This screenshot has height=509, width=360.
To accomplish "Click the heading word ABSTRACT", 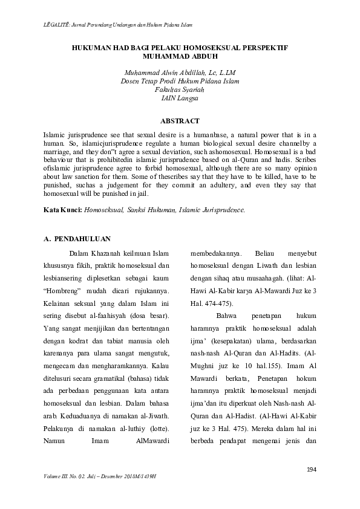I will coord(180,121).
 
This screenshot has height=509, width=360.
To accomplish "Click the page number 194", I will coord(312,470).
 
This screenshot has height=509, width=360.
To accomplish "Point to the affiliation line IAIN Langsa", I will coord(180,97).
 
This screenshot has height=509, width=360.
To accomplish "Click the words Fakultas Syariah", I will coord(180,89).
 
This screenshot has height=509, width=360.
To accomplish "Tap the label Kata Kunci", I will coord(63,210).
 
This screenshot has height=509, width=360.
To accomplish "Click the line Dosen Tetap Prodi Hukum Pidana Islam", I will coord(180,80).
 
